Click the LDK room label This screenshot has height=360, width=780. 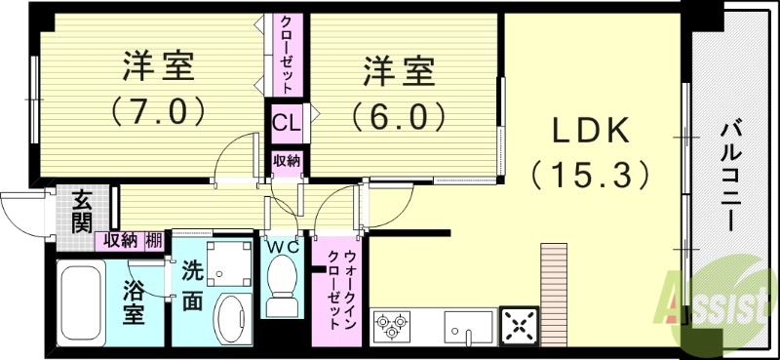591,132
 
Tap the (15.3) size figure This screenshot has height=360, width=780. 591,175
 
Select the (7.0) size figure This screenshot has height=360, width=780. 158,109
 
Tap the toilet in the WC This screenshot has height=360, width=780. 285,284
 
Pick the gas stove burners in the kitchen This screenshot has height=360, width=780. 392,326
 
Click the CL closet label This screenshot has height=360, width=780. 286,124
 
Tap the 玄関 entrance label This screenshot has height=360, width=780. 81,212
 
